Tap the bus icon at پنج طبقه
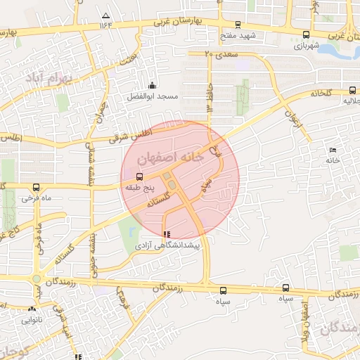coord(139,176)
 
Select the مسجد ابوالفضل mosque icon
coord(153,86)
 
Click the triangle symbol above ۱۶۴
coord(106,15)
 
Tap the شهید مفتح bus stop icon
coord(237,24)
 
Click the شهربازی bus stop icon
coord(305,34)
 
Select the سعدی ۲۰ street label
coord(218,53)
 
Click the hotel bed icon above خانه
coord(333,150)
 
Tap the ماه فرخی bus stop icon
coord(36,187)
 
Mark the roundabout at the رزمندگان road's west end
coord(36,278)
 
